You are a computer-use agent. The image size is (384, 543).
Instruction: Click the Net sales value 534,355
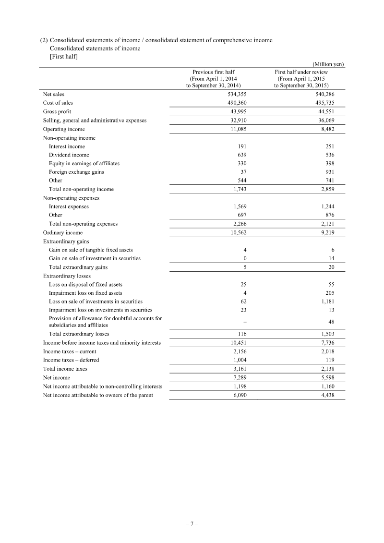pos(237,94)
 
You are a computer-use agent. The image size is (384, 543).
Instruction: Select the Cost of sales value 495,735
pos(324,103)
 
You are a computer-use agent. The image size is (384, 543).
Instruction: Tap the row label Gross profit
pos(57,111)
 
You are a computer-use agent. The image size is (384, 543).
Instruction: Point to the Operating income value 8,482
pos(327,129)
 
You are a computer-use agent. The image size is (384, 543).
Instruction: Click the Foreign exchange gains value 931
pos(330,172)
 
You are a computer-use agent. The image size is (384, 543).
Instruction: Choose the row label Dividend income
pos(69,155)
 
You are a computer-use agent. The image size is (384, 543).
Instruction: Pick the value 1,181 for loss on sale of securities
pos(326,302)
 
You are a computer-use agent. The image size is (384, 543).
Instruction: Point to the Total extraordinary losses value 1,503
pos(326,334)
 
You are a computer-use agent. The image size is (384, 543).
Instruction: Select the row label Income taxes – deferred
pos(71,360)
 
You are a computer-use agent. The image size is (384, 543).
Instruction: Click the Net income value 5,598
pos(326,378)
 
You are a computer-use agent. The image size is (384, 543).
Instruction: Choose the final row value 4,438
pos(326,395)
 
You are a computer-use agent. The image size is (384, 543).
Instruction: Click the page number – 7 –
pos(192,524)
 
